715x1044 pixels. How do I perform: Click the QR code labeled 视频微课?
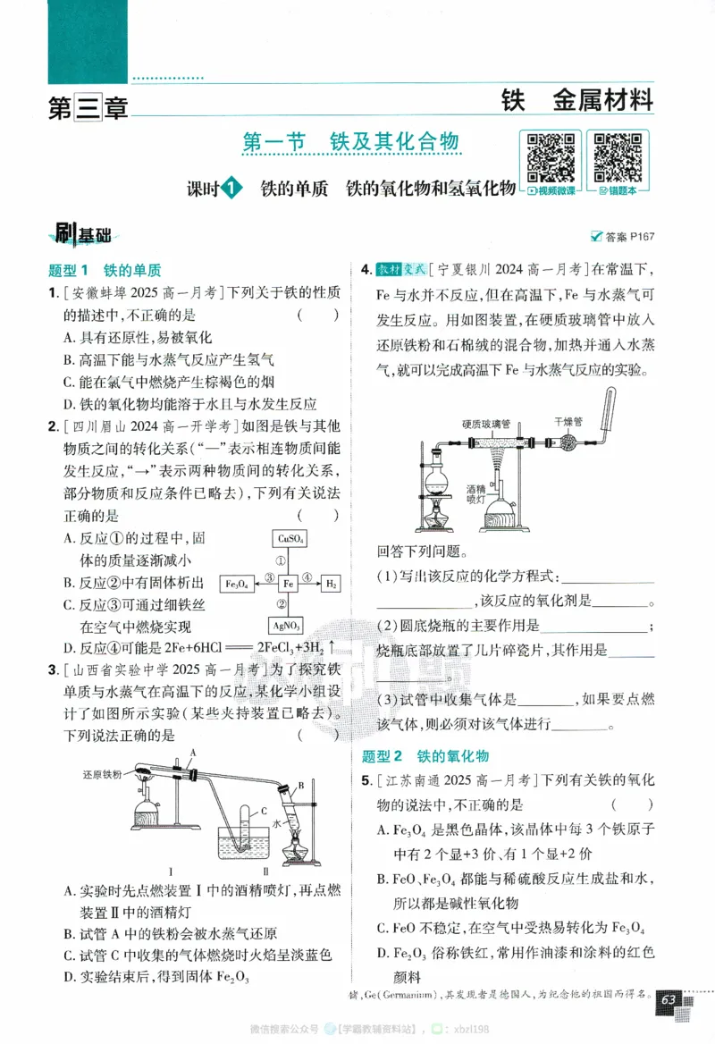point(550,156)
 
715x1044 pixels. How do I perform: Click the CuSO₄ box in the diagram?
point(288,539)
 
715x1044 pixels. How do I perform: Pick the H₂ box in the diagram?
point(330,583)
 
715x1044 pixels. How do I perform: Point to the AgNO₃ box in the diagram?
point(288,626)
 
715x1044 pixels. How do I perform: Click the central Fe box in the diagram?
point(288,583)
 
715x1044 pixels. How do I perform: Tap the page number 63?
point(669,999)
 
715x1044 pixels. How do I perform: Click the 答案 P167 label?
point(623,237)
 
